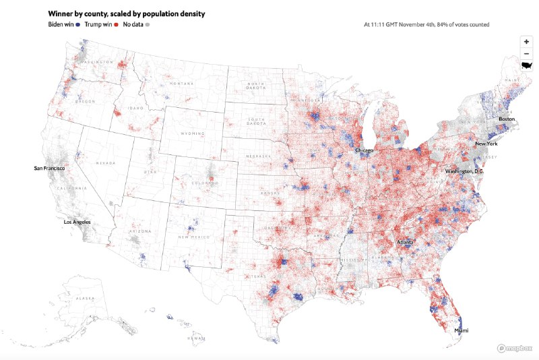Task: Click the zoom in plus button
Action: (x=526, y=41)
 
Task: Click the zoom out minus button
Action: (x=526, y=53)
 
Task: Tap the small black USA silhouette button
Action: (x=526, y=65)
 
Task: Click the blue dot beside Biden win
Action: (x=79, y=24)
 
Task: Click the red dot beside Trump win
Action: (x=117, y=24)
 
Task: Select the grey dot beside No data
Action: (x=148, y=24)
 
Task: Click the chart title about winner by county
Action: (x=127, y=13)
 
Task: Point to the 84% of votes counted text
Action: (x=426, y=24)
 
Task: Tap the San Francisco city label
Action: (x=50, y=167)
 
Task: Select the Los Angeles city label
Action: (x=77, y=222)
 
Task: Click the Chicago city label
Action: (x=365, y=150)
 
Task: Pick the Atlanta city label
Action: (x=405, y=242)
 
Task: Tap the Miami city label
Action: (x=461, y=331)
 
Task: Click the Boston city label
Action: (x=507, y=119)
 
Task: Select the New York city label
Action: (x=486, y=144)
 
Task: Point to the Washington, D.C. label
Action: (x=464, y=171)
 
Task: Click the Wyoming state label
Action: (x=191, y=133)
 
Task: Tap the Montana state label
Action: (x=181, y=84)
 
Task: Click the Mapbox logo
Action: (x=516, y=348)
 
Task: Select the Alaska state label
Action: (x=86, y=297)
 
